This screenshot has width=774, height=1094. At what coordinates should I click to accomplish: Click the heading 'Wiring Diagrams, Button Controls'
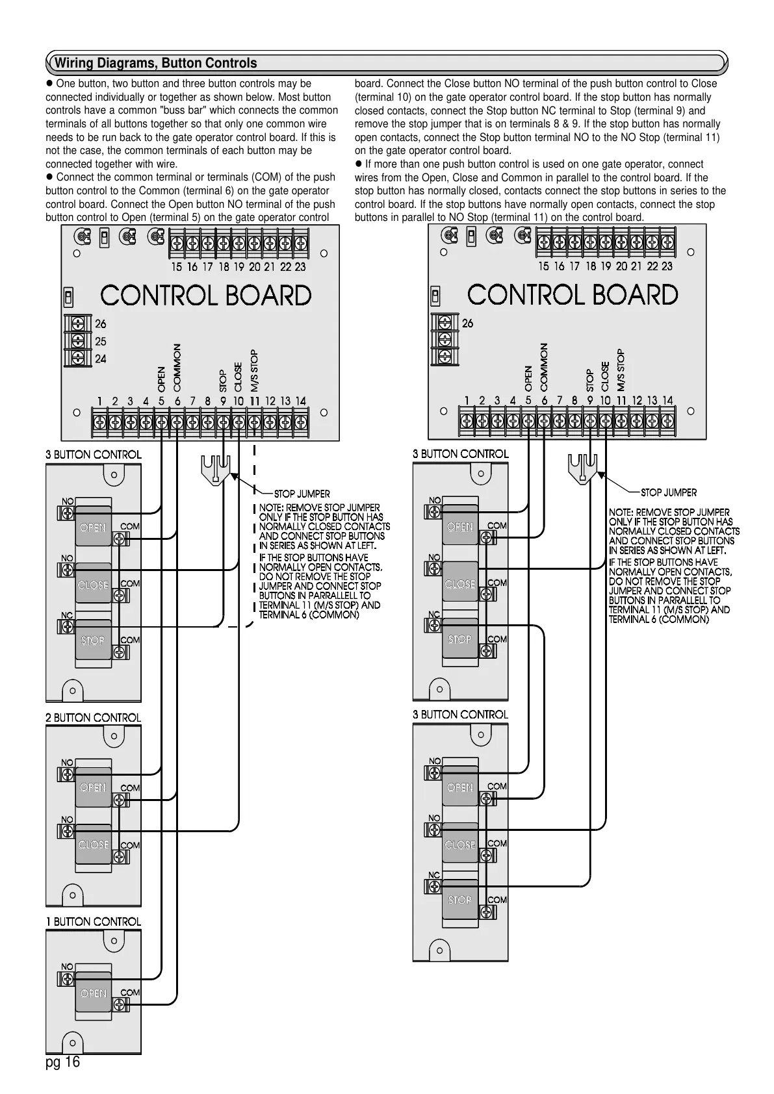point(155,63)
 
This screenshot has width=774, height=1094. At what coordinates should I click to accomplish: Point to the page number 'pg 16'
point(63,1062)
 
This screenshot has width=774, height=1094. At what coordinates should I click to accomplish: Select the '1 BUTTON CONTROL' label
point(94,921)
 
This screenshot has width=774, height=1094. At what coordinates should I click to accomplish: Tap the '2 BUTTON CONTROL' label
point(94,717)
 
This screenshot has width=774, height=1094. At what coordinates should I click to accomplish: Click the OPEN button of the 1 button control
point(93,993)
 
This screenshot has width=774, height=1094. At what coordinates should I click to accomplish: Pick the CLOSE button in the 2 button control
point(93,844)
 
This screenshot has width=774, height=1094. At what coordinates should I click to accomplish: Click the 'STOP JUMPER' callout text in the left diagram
point(302,494)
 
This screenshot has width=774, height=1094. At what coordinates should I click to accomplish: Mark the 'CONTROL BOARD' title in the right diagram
point(573,295)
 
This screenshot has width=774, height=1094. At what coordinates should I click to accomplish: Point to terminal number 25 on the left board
point(101,341)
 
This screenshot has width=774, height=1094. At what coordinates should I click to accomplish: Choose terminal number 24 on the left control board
point(101,359)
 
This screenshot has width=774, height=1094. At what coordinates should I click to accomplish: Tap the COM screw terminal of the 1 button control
point(119,1004)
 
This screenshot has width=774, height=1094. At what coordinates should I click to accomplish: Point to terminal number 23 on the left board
point(300,266)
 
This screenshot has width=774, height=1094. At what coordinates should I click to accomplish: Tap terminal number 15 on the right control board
point(543,266)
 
